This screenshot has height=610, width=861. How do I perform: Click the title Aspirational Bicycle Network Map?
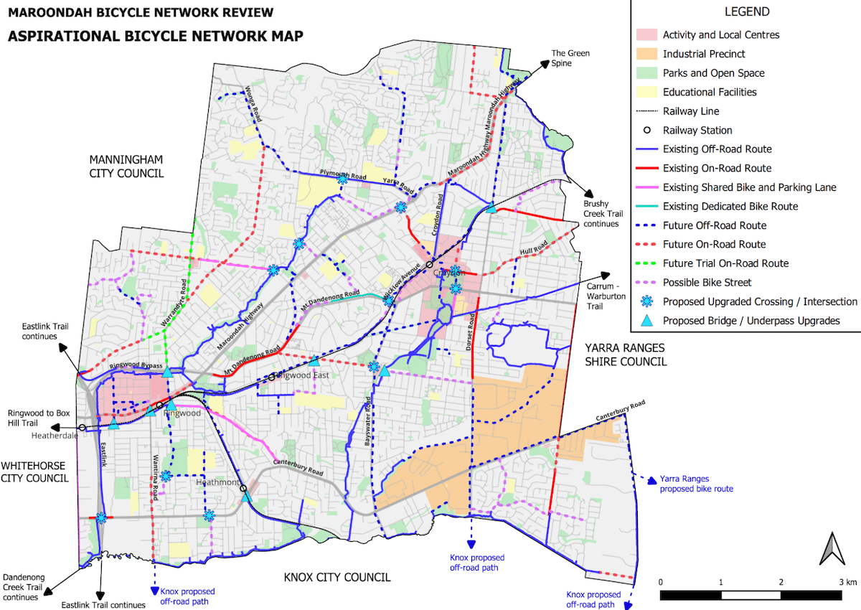[155, 36]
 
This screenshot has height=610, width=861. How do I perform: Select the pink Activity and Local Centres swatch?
[646, 34]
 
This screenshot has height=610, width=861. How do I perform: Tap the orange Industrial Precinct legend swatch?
[646, 54]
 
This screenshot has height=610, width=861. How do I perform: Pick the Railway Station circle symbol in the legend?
[646, 130]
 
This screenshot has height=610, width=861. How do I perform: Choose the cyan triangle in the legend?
[646, 321]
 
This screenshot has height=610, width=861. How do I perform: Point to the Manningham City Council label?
[126, 166]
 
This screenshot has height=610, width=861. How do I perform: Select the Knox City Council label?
[337, 577]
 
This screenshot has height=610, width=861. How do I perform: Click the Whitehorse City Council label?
[34, 471]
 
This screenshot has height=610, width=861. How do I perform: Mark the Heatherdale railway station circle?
[82, 427]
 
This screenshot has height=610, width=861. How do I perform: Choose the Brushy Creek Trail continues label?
[601, 214]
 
